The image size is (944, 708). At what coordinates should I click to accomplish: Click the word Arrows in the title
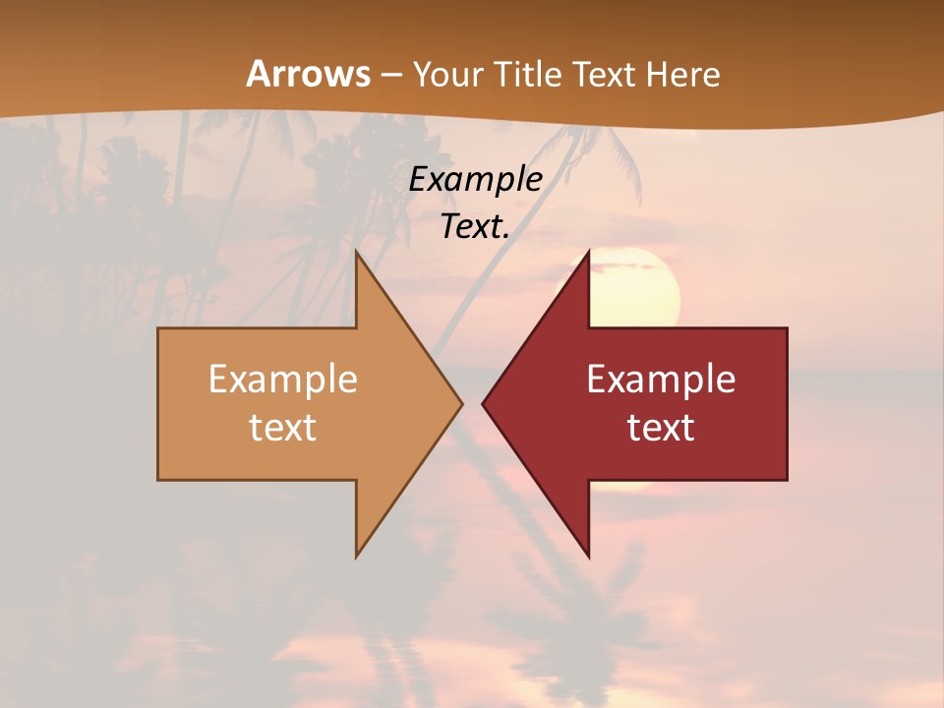[308, 74]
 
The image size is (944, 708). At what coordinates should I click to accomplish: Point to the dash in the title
[390, 75]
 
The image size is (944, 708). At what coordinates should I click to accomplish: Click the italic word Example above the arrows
[475, 179]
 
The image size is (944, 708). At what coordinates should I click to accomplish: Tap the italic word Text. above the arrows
[473, 226]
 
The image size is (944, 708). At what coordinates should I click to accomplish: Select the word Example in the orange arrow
[283, 380]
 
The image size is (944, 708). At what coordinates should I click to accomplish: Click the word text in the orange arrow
[283, 427]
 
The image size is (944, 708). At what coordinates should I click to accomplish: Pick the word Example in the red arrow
[661, 380]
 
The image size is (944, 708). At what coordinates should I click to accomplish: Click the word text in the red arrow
[661, 427]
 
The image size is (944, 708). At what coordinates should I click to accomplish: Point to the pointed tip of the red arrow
[484, 403]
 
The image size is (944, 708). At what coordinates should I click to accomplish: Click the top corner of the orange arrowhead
[357, 252]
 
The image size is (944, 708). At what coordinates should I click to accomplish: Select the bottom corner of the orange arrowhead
[357, 556]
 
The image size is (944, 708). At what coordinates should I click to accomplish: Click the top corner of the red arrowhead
[588, 252]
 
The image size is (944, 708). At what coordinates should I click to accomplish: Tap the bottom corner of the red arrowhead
[588, 556]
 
